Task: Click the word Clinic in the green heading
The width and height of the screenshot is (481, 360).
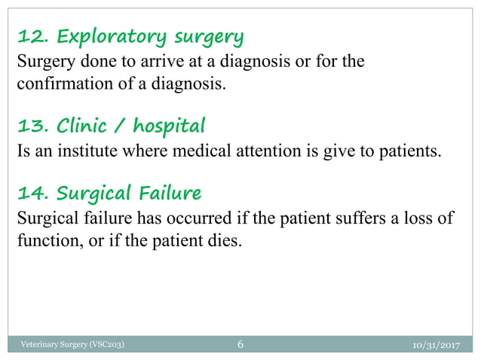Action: coord(85,124)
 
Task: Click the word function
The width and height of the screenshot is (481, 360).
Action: coord(42,243)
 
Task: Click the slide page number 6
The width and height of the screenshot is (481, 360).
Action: coord(240,346)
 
